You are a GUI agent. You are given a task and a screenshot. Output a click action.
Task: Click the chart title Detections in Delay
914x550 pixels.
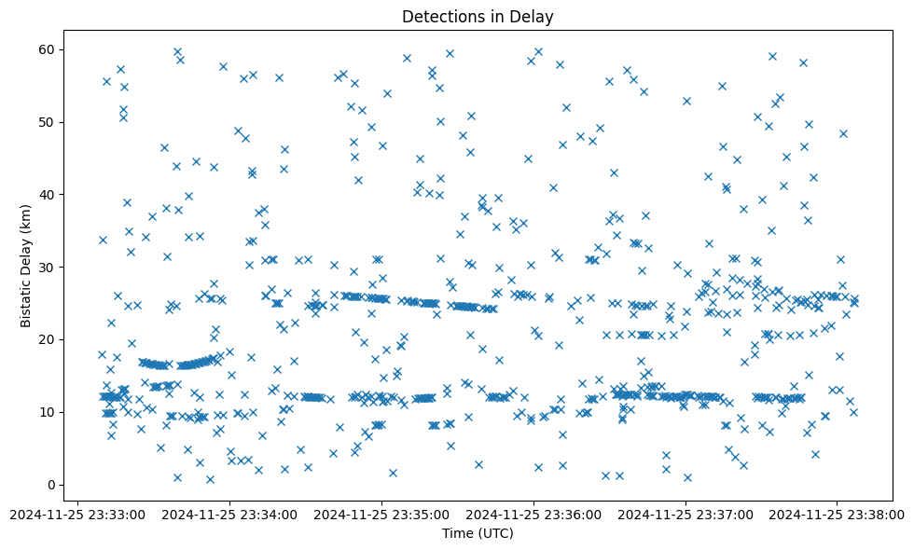tap(478, 16)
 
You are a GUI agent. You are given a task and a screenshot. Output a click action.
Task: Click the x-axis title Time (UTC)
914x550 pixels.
tap(478, 533)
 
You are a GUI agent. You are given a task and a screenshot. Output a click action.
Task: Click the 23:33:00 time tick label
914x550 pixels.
tap(78, 514)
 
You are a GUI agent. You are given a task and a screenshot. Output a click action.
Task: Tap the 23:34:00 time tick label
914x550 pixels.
tap(230, 514)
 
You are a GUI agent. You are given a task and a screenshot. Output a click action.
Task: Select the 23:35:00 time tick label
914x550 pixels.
tap(382, 514)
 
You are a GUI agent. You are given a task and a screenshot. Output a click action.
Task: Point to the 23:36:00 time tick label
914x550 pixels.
tap(534, 514)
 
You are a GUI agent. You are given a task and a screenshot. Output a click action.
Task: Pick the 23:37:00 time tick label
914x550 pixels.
tap(686, 514)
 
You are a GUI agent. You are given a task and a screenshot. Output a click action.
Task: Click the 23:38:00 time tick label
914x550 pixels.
tap(838, 514)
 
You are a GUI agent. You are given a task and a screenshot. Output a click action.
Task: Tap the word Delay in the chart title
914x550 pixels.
tap(535, 16)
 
